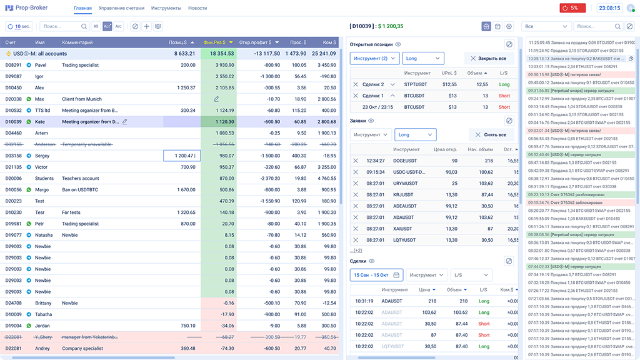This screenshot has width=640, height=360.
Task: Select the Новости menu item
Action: click(x=197, y=8)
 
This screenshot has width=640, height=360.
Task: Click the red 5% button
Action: click(x=572, y=8)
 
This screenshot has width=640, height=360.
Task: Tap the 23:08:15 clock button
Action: click(x=609, y=8)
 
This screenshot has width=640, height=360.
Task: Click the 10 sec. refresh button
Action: click(x=19, y=26)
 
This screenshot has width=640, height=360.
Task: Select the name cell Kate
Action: click(x=39, y=122)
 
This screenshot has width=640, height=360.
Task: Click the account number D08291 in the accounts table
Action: click(x=14, y=65)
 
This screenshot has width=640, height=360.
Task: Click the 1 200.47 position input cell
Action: click(x=182, y=156)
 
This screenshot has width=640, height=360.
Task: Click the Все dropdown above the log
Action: click(x=547, y=27)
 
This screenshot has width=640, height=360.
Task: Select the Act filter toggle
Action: click(x=107, y=26)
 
